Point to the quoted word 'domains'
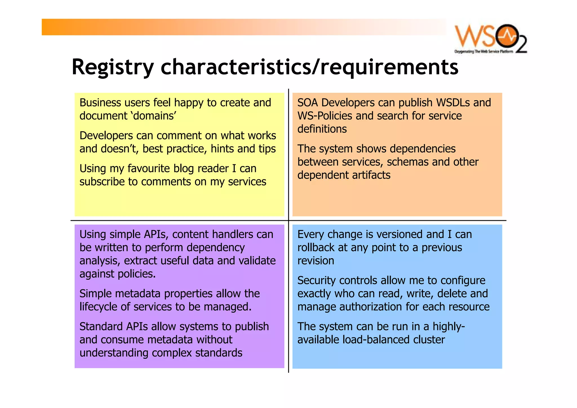[x=155, y=116]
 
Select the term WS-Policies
[x=325, y=116]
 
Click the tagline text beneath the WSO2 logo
[x=483, y=52]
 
